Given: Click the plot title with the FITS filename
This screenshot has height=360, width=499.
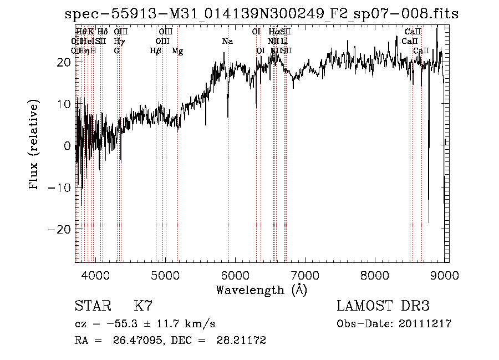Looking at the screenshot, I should click(x=261, y=13).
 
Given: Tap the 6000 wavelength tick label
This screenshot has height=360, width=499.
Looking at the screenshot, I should click(x=236, y=273).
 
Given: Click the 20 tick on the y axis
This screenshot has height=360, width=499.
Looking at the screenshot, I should click(x=64, y=63).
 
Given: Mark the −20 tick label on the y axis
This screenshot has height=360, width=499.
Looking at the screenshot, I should click(x=60, y=229).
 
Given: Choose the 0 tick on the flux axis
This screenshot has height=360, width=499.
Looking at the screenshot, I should click(x=68, y=146).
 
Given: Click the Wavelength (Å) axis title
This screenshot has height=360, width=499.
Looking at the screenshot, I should click(x=261, y=289).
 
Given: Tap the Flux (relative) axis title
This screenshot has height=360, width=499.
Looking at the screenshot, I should click(x=35, y=145).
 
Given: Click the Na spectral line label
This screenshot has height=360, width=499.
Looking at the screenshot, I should click(x=227, y=42).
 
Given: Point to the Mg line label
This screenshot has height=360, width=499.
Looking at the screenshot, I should click(x=177, y=51).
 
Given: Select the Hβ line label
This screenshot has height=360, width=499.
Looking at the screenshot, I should click(x=156, y=51).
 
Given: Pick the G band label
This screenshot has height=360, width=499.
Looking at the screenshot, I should click(x=116, y=51).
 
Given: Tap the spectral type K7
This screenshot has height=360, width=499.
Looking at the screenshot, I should click(x=143, y=306).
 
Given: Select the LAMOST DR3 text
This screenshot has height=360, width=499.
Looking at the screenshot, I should click(x=383, y=306).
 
